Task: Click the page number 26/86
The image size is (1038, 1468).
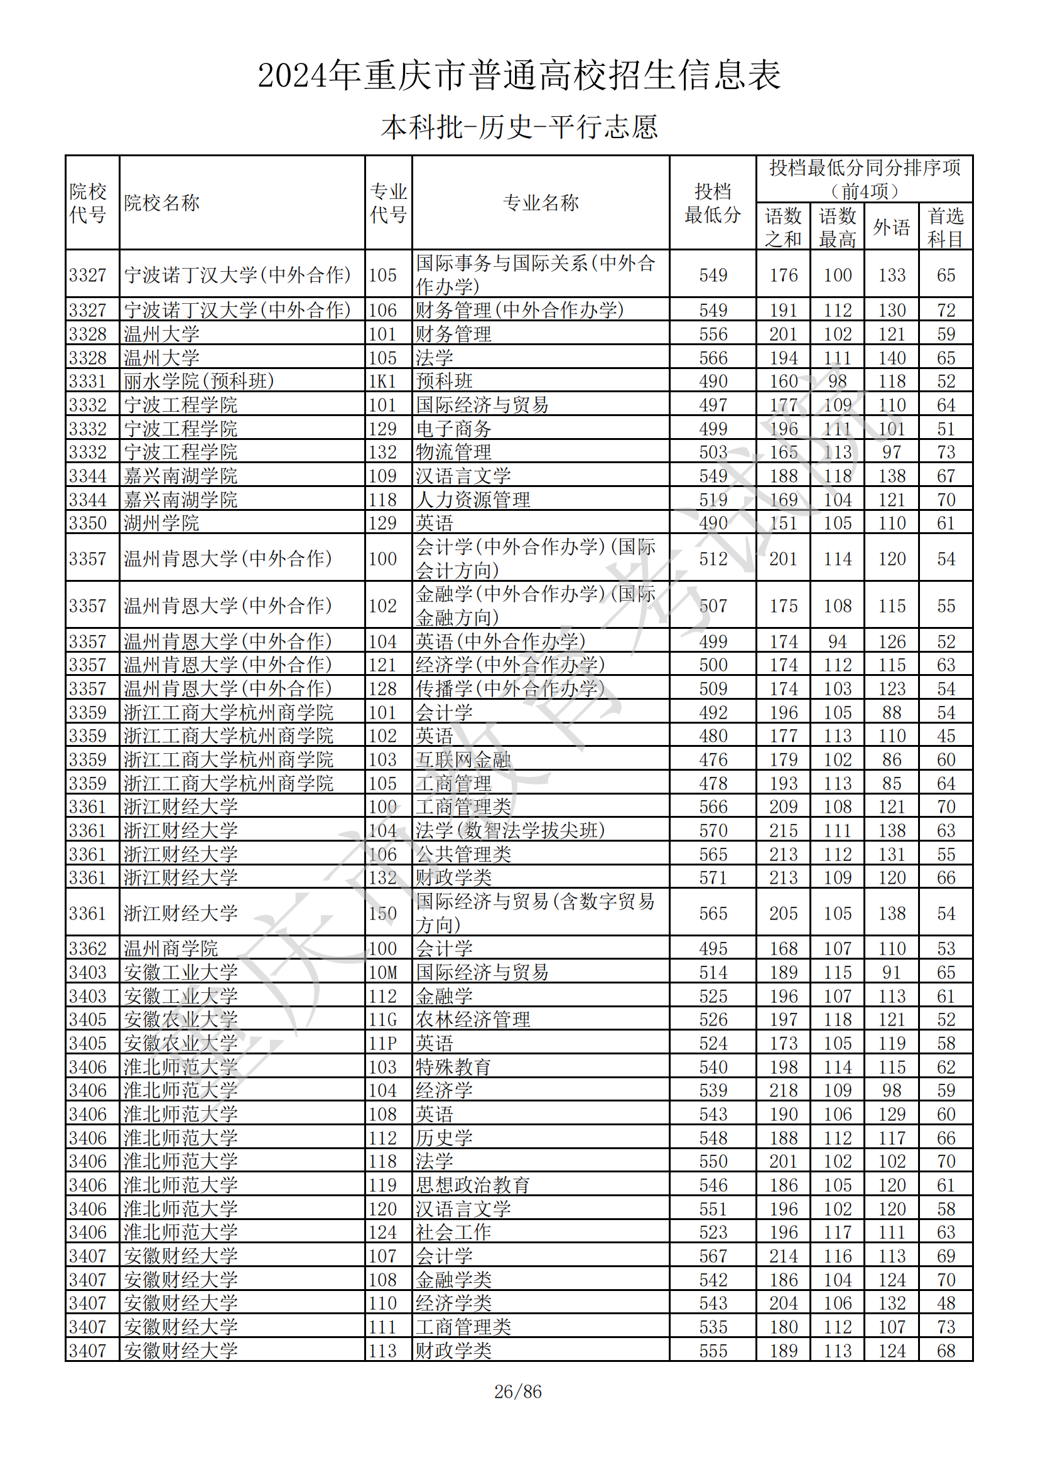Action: pos(517,1391)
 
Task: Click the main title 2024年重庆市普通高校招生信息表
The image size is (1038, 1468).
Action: pos(519,75)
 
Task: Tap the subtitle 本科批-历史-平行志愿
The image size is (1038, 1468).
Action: pos(519,127)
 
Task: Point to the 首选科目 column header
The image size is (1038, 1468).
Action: pos(945,227)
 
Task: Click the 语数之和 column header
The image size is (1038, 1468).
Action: pos(783,227)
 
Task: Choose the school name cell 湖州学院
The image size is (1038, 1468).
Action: pos(161,523)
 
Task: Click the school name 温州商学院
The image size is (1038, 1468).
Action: pos(171,948)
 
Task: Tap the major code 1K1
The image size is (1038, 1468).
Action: pos(382,381)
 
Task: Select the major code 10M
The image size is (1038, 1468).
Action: pos(382,972)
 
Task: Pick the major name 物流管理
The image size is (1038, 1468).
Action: pos(453,452)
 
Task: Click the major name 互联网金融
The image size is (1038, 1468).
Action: pos(463,759)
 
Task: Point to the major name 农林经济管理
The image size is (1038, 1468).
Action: pos(473,1019)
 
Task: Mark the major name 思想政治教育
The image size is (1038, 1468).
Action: pos(473,1185)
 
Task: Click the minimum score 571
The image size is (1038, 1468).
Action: pos(713,878)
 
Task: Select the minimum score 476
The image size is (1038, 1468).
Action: pos(713,759)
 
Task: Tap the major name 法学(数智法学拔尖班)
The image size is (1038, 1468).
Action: pos(510,830)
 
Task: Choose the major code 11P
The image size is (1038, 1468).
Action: pos(382,1043)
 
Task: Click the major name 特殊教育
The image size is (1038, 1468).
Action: pos(453,1066)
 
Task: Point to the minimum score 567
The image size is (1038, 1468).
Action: pos(713,1256)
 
